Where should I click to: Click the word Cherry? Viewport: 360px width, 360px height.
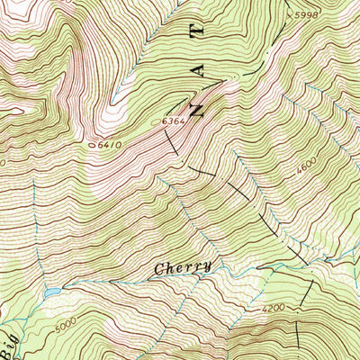(183, 267)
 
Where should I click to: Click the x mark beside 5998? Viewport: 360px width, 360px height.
(290, 14)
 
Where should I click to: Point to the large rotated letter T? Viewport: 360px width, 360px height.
(198, 25)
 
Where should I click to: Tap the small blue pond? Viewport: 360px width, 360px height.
(52, 293)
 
